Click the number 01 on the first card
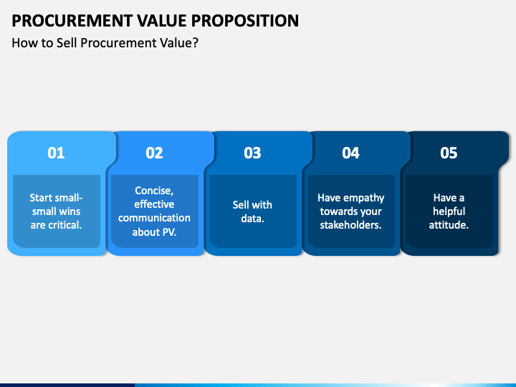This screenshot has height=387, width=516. click(x=56, y=153)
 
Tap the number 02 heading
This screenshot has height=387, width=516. click(x=154, y=153)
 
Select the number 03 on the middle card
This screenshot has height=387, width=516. click(x=252, y=153)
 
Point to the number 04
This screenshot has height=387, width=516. click(x=350, y=153)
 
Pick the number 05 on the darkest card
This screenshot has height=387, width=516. click(x=449, y=153)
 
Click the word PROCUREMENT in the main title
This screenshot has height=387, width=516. click(x=72, y=21)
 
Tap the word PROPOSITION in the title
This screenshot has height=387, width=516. click(x=245, y=21)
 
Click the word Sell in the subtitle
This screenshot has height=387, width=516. click(x=67, y=43)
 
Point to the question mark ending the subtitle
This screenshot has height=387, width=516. click(x=196, y=43)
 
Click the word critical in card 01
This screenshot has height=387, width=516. click(x=64, y=225)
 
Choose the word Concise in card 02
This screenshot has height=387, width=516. click(x=153, y=191)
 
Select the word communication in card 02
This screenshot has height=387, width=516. click(x=154, y=218)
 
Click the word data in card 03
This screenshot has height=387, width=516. click(x=252, y=219)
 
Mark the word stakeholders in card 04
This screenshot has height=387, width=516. click(x=350, y=225)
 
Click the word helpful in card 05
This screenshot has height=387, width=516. click(x=449, y=211)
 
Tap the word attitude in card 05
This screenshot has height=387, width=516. click(x=447, y=225)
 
